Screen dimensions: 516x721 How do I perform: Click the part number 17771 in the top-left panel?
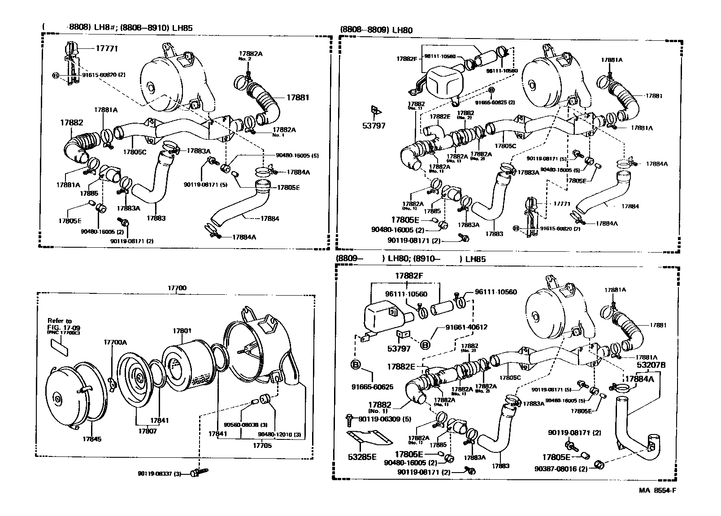click(106, 48)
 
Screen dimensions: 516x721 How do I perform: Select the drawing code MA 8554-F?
click(657, 490)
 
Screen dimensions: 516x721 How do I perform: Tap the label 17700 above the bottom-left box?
click(178, 288)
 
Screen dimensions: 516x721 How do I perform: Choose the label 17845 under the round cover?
click(91, 439)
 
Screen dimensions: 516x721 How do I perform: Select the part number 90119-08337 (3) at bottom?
click(159, 473)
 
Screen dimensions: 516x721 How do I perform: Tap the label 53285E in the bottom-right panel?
click(362, 458)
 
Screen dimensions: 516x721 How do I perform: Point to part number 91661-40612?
click(466, 327)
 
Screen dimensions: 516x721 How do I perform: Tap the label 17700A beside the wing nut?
click(115, 342)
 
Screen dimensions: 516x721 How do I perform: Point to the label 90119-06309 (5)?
click(379, 419)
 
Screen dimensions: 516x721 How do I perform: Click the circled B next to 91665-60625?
click(355, 365)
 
